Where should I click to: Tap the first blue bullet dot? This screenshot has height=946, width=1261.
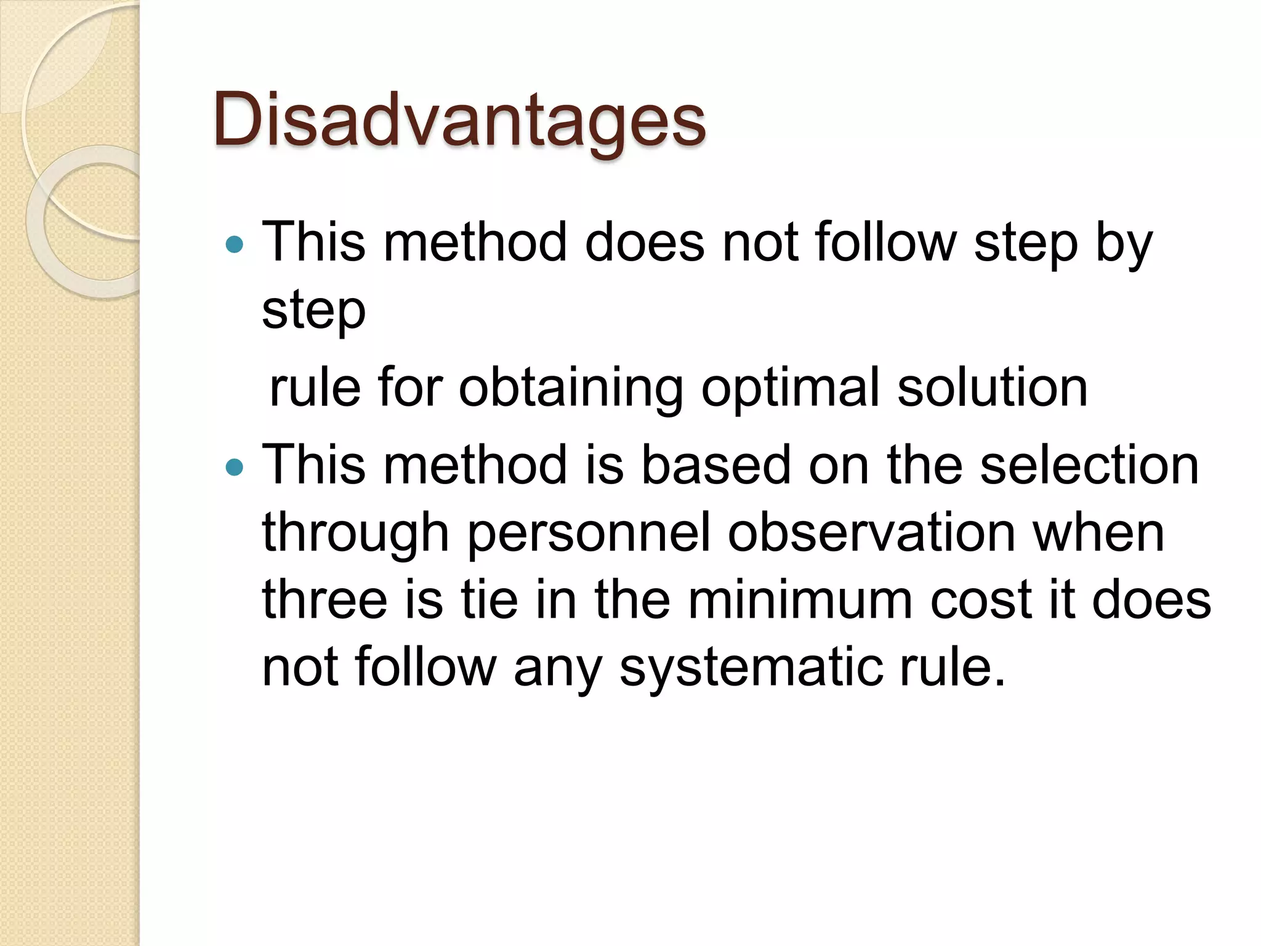pos(235,245)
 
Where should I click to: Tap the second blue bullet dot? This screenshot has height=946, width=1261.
pos(235,468)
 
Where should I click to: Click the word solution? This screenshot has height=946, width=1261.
pos(993,388)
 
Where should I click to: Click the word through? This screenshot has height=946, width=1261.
pos(355,533)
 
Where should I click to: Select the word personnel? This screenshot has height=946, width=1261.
pos(589,533)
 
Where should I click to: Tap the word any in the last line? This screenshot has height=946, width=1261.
pos(557,669)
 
